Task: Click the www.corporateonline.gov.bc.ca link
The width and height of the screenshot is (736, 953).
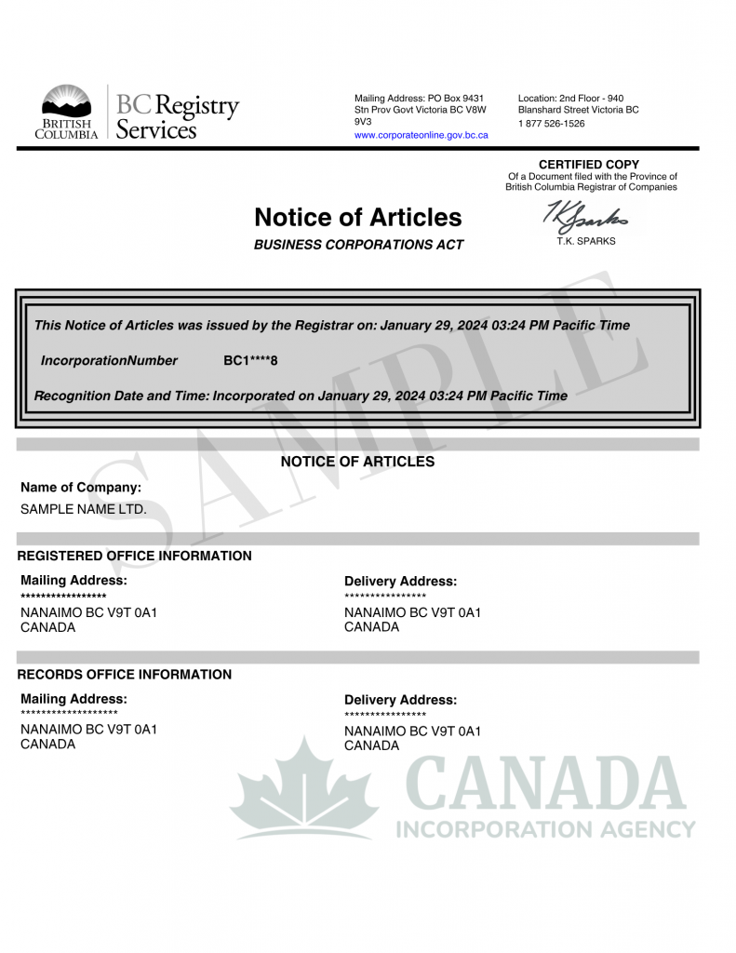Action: [421, 136]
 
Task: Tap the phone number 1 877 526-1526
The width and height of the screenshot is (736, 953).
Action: [551, 124]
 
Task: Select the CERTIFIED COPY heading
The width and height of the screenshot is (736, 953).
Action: [589, 165]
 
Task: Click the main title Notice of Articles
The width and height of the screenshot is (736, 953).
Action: [357, 218]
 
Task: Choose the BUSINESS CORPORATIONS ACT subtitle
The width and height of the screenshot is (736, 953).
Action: [358, 245]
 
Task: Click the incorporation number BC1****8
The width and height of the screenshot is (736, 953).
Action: [250, 360]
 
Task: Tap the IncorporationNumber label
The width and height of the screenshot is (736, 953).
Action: [109, 360]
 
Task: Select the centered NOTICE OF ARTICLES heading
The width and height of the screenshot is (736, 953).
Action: [357, 462]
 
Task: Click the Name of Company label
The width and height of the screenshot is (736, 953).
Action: [81, 487]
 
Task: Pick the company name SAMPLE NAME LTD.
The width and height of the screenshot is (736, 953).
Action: [84, 509]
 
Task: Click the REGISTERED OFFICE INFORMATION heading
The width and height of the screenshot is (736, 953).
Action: [134, 556]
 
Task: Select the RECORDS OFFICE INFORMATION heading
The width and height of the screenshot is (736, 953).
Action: [125, 674]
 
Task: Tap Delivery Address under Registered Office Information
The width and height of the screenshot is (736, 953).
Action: [400, 581]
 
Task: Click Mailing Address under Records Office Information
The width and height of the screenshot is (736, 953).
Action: [74, 699]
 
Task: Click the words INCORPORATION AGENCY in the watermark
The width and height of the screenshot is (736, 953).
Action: [546, 829]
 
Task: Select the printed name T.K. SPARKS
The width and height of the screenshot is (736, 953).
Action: [584, 241]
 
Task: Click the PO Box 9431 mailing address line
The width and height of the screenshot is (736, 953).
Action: [419, 98]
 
